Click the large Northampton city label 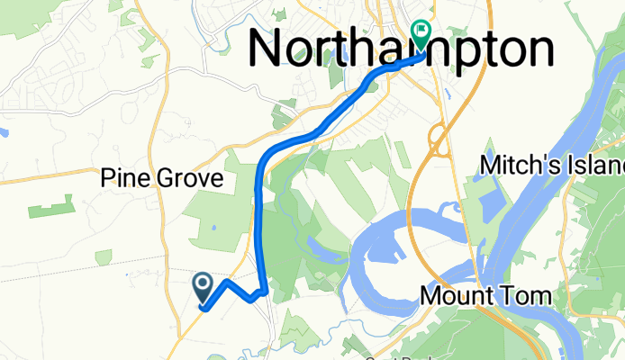tap(401, 49)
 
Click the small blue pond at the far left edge tap(4, 132)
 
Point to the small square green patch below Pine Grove tap(104, 257)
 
